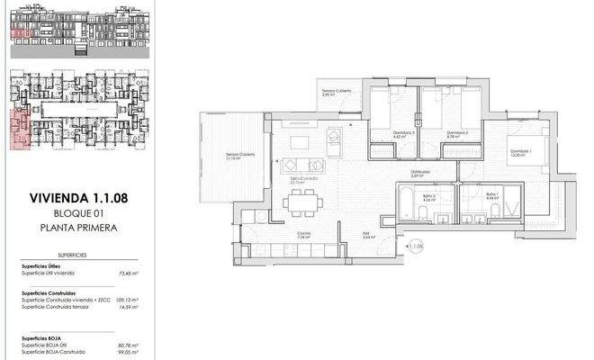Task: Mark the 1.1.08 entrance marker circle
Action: [415, 245]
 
